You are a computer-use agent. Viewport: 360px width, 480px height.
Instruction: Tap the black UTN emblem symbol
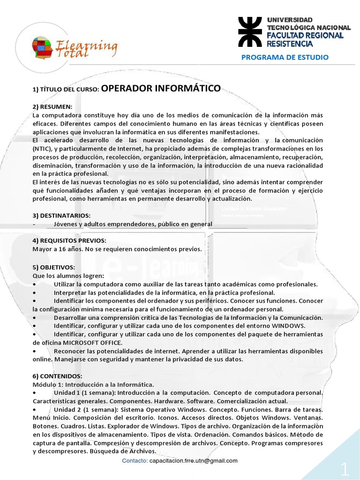click(251, 32)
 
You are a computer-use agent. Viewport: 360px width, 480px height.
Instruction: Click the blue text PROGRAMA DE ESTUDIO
click(285, 57)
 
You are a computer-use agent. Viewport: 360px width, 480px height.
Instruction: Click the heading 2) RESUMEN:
click(52, 107)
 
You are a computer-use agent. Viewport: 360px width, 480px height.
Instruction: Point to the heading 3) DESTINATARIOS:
click(61, 215)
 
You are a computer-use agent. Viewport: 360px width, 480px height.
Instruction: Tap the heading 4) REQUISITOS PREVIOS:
click(69, 240)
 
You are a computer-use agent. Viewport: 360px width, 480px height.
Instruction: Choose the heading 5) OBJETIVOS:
click(53, 267)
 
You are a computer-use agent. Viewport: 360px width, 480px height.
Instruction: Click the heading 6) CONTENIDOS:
click(57, 376)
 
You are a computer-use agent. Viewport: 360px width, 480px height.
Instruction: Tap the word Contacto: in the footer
click(134, 460)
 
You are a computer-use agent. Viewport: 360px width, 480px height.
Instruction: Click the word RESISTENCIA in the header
click(289, 44)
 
